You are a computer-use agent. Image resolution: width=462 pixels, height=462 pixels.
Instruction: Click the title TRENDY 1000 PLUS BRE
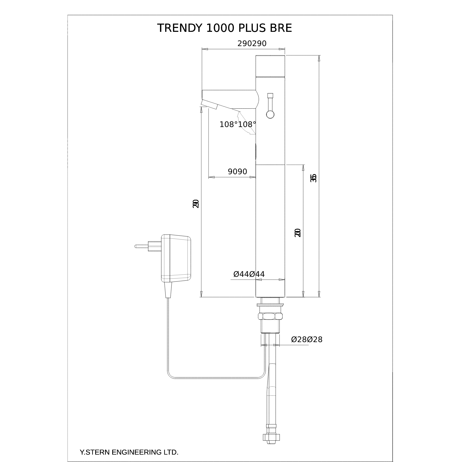click(224, 28)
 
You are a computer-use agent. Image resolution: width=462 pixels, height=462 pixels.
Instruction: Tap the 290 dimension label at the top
click(252, 44)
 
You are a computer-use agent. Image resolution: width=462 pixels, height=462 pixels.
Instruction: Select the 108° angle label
click(238, 125)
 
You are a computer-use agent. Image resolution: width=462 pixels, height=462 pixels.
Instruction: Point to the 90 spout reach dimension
click(237, 172)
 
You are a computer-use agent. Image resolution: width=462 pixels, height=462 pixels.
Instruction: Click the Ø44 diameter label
click(249, 274)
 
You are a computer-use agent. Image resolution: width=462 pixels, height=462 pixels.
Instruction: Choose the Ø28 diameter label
click(307, 340)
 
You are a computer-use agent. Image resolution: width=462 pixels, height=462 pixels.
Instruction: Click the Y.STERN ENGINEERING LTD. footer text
click(129, 452)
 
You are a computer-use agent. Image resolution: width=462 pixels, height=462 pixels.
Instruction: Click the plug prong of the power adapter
click(141, 246)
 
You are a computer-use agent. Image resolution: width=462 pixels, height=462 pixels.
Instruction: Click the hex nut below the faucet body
click(270, 316)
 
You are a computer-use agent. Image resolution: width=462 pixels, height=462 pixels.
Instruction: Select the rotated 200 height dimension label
click(297, 233)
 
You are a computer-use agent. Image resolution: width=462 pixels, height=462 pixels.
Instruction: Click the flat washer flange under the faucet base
click(270, 305)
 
